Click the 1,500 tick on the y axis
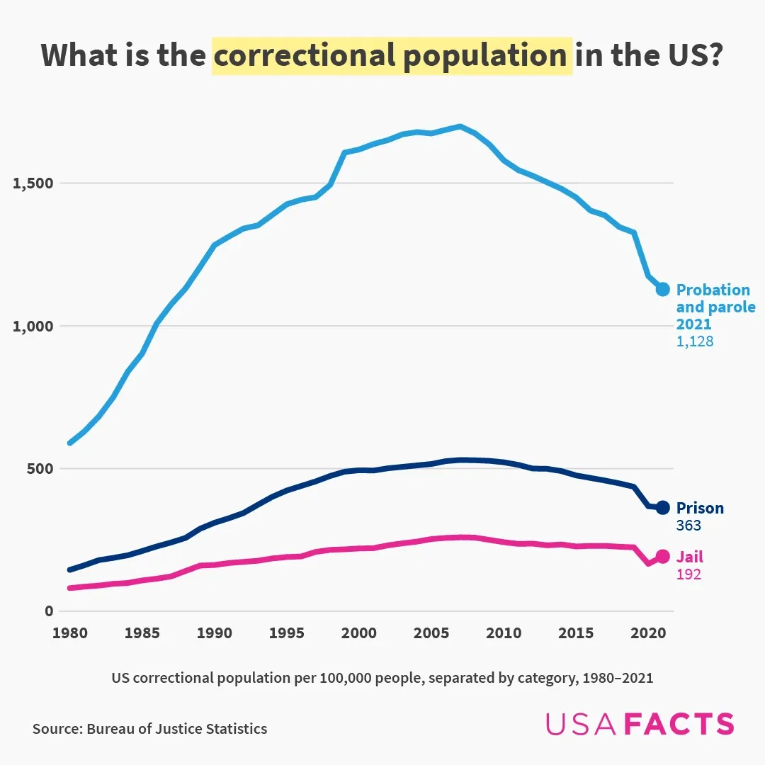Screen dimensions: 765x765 point(33,183)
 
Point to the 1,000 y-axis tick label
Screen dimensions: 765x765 point(33,327)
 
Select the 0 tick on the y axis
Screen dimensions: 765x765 point(49,611)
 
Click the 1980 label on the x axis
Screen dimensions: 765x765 point(69,633)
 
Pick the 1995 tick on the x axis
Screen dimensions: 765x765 point(287,633)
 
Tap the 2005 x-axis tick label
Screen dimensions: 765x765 point(431,633)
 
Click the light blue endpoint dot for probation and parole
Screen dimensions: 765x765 point(662,289)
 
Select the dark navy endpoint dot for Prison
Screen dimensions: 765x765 point(662,507)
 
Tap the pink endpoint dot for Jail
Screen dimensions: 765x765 point(662,556)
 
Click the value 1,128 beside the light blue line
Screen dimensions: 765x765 point(694,341)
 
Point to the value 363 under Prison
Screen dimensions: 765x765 point(688,526)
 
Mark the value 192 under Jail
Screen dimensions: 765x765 point(688,574)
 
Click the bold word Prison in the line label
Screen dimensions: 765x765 point(700,508)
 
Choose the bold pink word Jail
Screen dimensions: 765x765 point(689,557)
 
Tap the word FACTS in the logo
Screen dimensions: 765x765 point(679,724)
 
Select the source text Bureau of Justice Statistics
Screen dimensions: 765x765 point(177,729)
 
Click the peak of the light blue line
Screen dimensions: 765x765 point(460,127)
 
